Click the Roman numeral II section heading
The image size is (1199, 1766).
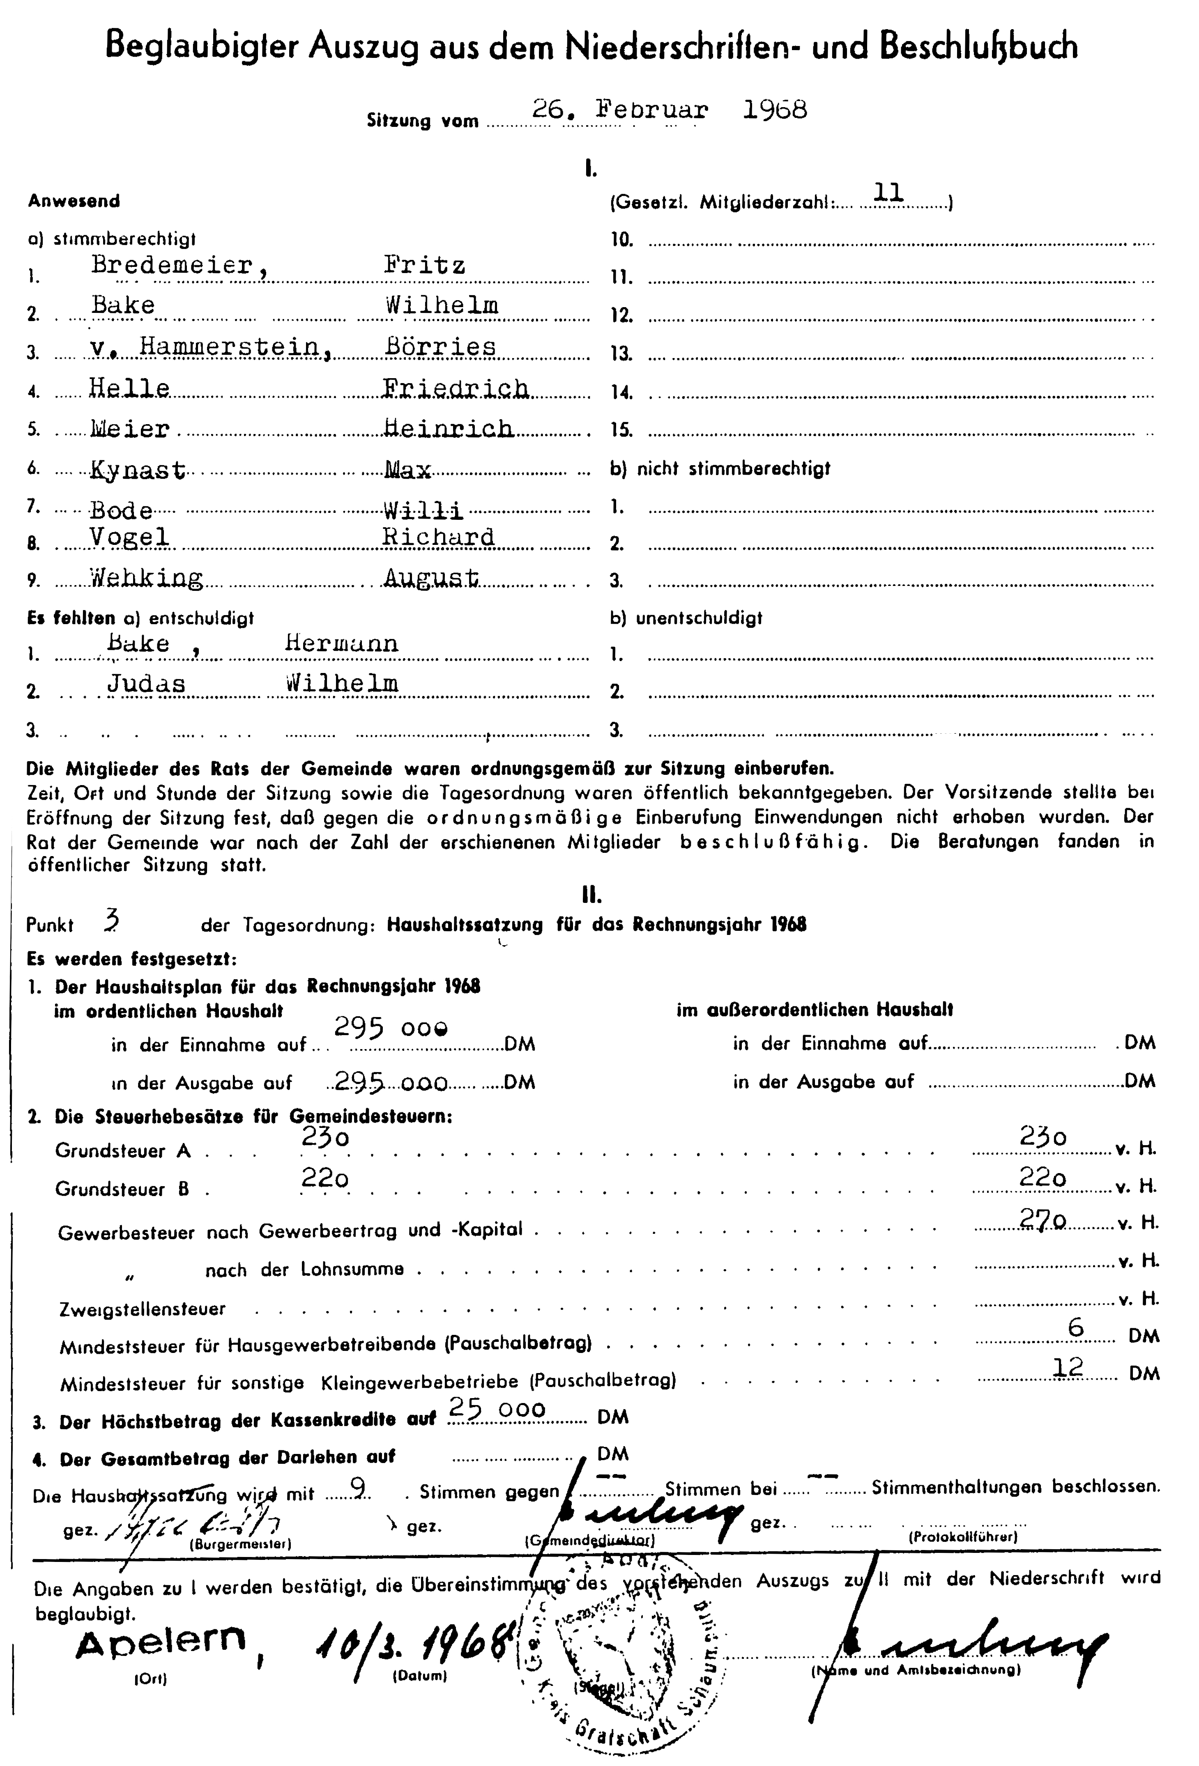(591, 895)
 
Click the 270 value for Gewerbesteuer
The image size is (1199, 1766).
(1043, 1219)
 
